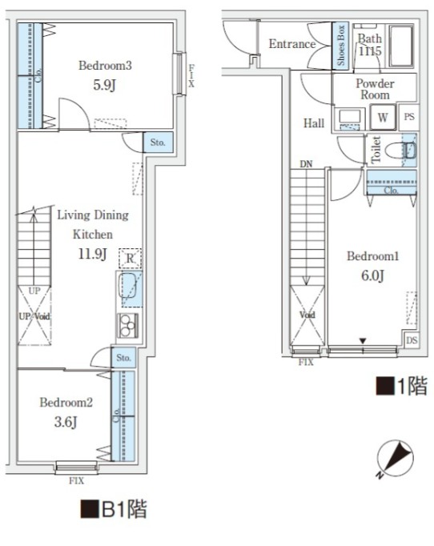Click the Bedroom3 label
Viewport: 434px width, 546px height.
pos(105,66)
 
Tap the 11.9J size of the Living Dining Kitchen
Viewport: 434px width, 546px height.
pos(92,254)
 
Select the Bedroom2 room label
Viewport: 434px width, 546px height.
pos(66,403)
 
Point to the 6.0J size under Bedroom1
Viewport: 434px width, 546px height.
pos(372,275)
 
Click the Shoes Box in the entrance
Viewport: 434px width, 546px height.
pos(340,46)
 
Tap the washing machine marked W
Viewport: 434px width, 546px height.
pos(383,118)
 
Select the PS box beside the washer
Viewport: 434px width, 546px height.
pos(409,117)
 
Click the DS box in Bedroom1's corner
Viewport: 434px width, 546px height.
pos(412,340)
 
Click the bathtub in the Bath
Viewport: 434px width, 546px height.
pos(401,46)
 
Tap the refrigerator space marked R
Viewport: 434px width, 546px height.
pos(130,259)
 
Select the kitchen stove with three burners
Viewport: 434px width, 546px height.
pos(128,326)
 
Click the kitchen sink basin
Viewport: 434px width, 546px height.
pos(127,285)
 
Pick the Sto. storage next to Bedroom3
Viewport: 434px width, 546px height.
pos(158,143)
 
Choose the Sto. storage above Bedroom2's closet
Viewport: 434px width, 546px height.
pos(123,358)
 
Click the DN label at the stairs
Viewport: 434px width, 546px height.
pos(306,163)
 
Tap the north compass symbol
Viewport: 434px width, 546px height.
pos(396,457)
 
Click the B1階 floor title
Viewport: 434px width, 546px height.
pos(114,509)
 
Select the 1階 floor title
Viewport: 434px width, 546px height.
pos(401,386)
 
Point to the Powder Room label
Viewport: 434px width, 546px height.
pos(375,89)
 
